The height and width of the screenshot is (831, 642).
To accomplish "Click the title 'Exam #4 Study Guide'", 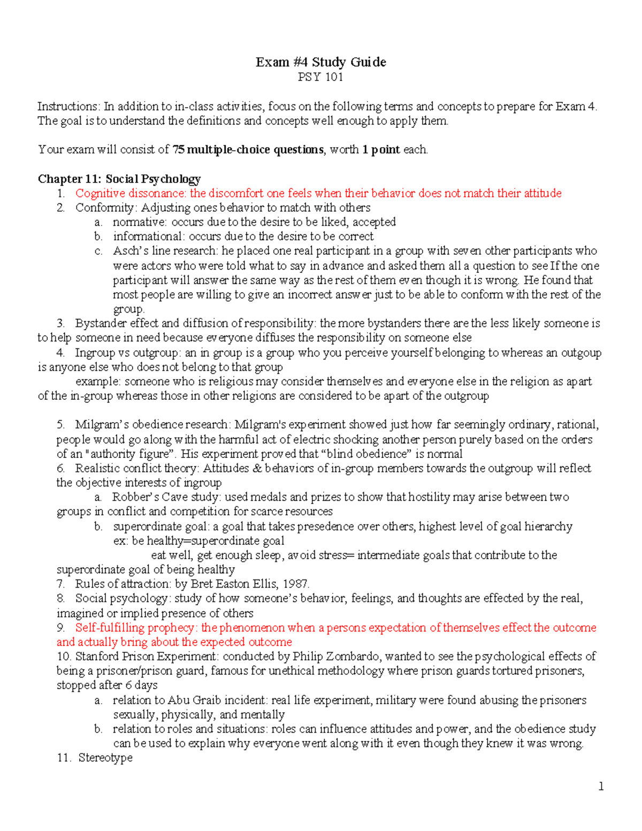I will click(x=320, y=62).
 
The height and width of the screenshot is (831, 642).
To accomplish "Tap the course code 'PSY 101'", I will click(x=320, y=77).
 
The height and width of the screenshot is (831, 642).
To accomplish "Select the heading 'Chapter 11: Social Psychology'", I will click(x=119, y=179).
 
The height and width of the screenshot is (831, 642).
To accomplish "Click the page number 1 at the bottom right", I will click(x=601, y=786).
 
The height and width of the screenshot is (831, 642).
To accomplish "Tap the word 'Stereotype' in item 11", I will click(x=105, y=758).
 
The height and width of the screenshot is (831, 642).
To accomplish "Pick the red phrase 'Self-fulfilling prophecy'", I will click(x=134, y=628).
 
